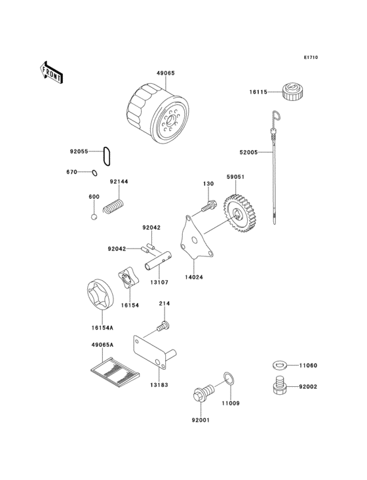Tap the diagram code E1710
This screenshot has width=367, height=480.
click(x=311, y=58)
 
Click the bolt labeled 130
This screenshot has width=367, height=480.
click(x=208, y=207)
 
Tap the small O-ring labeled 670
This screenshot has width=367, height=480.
click(x=94, y=172)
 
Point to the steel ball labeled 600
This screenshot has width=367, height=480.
click(x=94, y=217)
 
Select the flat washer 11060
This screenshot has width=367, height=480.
click(x=280, y=365)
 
